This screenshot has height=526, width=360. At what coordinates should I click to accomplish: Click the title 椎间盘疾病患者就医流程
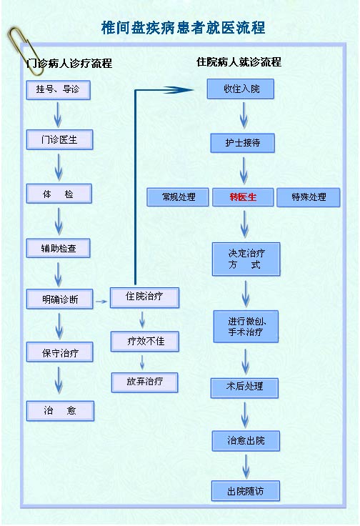(183, 27)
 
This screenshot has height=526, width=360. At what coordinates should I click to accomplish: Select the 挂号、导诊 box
(59, 90)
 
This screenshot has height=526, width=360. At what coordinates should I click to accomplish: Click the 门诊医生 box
(60, 139)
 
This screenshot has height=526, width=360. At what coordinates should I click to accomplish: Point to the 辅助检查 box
(59, 248)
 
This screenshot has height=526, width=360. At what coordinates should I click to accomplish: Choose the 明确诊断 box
(60, 299)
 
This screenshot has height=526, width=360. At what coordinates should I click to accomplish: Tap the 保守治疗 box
(60, 352)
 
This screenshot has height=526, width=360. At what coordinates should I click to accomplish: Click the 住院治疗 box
(144, 297)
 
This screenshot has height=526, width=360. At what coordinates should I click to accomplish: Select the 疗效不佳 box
(145, 342)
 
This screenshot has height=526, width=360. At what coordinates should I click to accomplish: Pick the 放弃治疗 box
(144, 382)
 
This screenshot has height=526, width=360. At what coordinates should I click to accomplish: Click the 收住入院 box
(240, 89)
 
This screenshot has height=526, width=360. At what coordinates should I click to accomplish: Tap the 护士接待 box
(243, 143)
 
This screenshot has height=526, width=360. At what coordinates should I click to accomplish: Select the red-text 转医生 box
(243, 197)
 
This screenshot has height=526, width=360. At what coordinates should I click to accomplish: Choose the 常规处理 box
(178, 197)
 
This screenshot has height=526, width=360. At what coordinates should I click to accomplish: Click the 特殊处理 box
(309, 197)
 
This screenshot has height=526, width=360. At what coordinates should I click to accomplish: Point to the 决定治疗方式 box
(246, 259)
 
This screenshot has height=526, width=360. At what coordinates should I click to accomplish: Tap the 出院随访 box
(246, 491)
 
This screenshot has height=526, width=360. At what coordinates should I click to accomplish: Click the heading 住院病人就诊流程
(239, 62)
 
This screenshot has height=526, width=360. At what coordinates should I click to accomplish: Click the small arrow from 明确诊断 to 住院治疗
(101, 302)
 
